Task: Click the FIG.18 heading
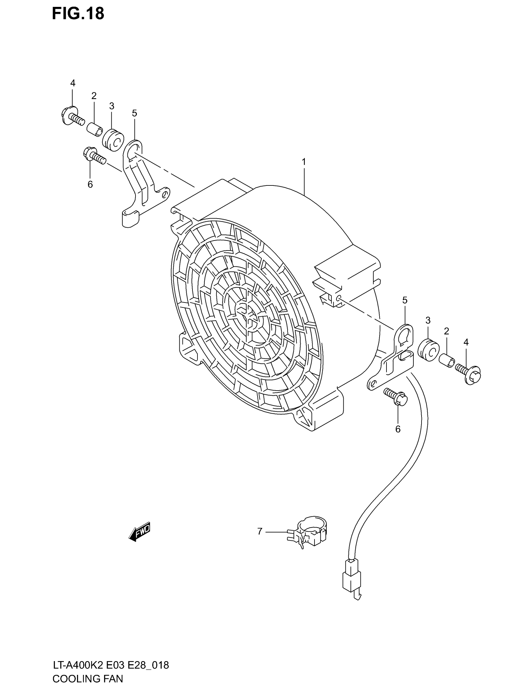point(78,14)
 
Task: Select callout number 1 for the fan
point(304,162)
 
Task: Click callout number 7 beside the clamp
point(260,531)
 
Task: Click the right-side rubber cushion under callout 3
point(428,350)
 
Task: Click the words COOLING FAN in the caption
point(88,678)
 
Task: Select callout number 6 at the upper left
point(90,184)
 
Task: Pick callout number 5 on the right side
point(405,300)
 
